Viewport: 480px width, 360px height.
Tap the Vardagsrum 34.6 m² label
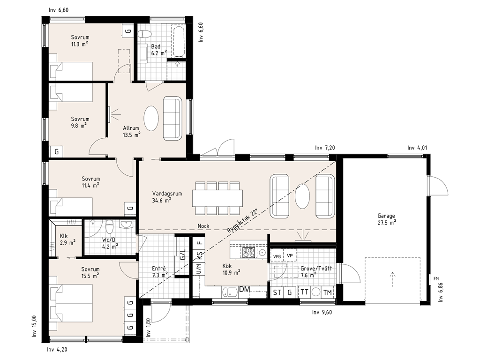coord(167,197)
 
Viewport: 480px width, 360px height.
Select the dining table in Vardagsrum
coord(217,198)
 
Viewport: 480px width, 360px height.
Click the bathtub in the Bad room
coord(179,42)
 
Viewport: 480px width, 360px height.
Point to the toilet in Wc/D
coord(109,227)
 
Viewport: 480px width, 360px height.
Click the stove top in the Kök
coord(249,253)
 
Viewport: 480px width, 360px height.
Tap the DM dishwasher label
coord(244,289)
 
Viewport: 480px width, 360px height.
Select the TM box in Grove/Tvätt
coord(327,292)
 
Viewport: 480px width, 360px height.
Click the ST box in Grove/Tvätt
coord(277,292)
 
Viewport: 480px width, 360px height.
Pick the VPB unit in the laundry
coord(277,256)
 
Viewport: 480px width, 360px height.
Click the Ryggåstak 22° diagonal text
coord(242,221)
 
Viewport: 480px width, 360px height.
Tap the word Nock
coord(203,226)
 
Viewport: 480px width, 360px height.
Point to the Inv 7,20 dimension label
coord(325,148)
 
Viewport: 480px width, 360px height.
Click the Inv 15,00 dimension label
coord(35,326)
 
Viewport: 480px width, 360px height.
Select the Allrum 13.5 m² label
coord(132,131)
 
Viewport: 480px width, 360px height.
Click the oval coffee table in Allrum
coord(151,119)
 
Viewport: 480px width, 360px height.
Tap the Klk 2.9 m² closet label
coord(67,240)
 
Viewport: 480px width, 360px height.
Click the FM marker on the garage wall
coord(436,278)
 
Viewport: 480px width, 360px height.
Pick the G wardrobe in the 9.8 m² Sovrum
coord(57,152)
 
